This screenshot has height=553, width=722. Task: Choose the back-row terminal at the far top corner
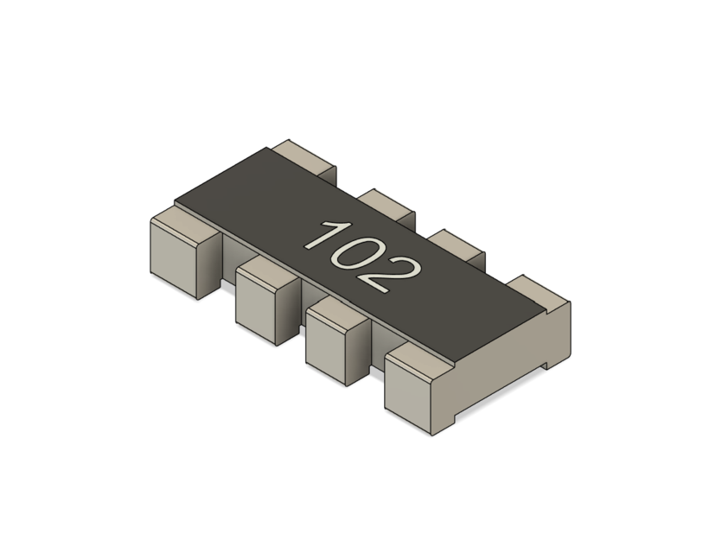(x=306, y=156)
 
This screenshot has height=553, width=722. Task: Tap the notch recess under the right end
(x=546, y=359)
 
